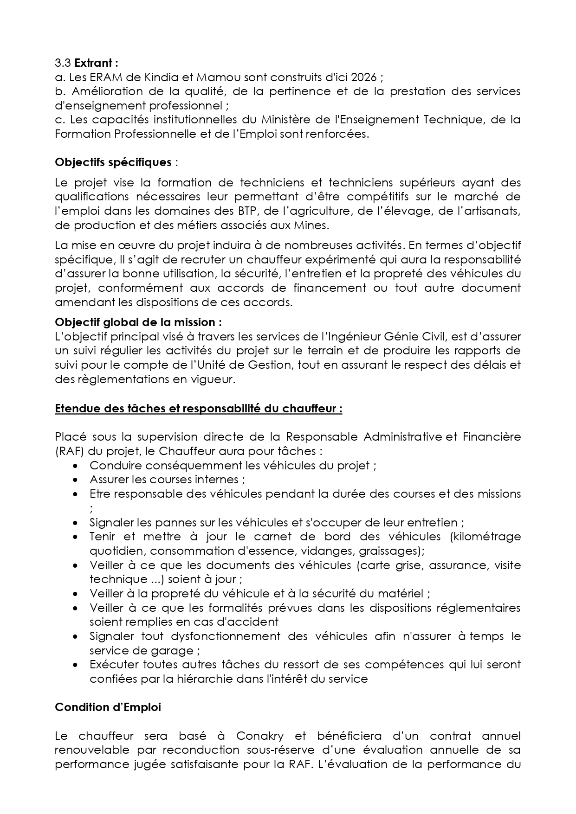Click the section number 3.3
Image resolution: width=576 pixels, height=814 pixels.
[x=63, y=63]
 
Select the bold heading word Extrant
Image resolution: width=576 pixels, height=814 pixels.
[x=93, y=63]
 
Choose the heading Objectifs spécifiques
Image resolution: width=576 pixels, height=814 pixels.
[x=113, y=162]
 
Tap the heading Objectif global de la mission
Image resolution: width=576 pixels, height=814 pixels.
[x=138, y=322]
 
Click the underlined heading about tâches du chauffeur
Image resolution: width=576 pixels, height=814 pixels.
[x=199, y=409]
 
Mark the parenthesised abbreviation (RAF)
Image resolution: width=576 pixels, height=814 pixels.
[x=70, y=451]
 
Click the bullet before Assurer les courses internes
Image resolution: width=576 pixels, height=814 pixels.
[x=76, y=480]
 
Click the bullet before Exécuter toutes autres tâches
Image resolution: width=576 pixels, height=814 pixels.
[x=76, y=665]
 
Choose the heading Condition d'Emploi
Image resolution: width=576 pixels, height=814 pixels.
[x=108, y=707]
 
